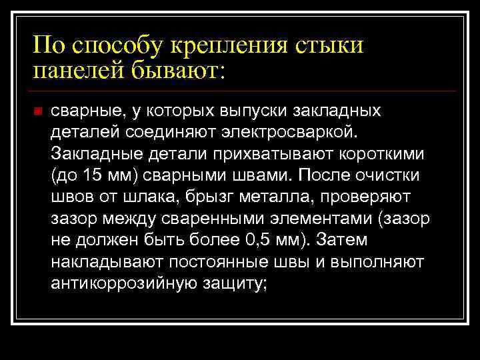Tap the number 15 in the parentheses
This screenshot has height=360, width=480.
coord(94,175)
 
